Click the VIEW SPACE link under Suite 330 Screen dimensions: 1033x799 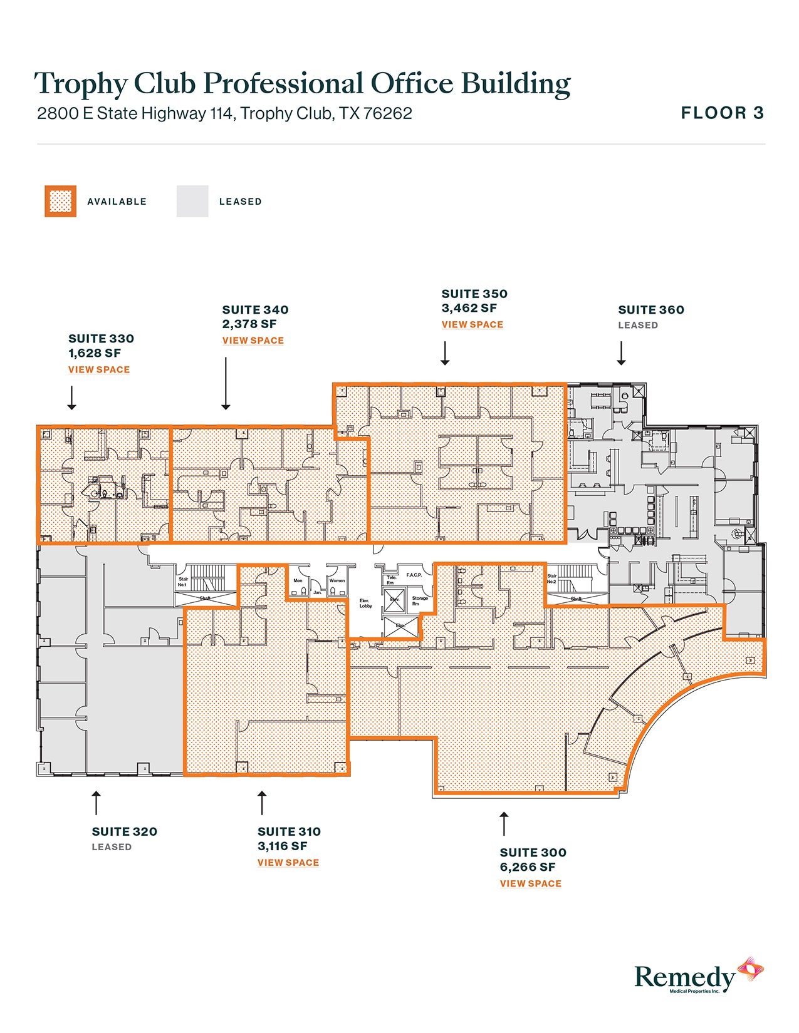coord(99,369)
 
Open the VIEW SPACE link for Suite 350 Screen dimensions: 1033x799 coord(472,324)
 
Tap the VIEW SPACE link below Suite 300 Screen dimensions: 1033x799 coord(530,883)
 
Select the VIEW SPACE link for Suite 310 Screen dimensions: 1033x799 coord(288,862)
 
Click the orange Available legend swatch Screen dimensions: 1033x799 coord(60,201)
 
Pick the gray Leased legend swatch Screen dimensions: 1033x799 coord(192,201)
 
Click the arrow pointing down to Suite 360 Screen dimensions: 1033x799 coord(621,353)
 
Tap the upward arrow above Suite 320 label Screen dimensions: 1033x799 coord(96,803)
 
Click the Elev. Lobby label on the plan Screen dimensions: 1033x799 coord(365,603)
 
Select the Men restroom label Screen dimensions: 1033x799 coord(298,580)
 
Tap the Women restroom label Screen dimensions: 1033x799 coord(337,580)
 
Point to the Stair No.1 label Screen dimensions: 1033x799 coord(182,582)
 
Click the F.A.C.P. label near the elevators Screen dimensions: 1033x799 coord(414,575)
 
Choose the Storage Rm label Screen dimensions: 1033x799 coord(419,600)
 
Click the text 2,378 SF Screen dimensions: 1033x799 coord(249,324)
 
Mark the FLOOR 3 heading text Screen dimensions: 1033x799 coord(722,113)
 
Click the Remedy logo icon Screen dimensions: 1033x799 coord(750,970)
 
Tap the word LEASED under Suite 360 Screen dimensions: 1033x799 coord(637,325)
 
